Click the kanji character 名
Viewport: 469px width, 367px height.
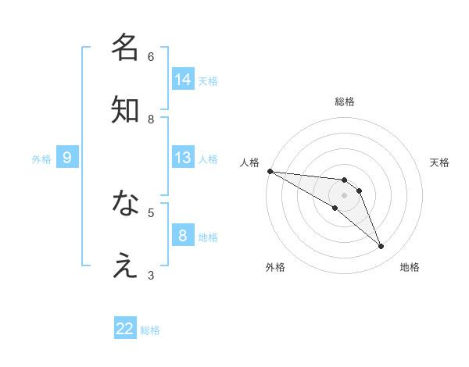pos(125,48)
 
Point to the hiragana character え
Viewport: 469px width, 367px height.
pos(125,266)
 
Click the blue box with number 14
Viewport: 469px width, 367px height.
pos(183,80)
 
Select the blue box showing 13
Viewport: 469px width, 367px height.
pos(183,158)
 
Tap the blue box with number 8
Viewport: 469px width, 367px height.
pos(183,236)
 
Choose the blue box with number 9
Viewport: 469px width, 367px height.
pos(67,158)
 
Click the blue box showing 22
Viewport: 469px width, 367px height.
pos(125,329)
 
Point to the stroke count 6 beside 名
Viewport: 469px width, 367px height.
pos(151,56)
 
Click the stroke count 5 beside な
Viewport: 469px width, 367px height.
pos(151,212)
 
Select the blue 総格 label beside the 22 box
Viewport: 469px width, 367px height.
pos(150,330)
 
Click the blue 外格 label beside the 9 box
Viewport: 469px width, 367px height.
pos(41,159)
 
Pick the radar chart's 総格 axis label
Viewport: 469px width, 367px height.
pos(345,102)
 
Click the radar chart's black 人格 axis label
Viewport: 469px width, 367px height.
pos(249,162)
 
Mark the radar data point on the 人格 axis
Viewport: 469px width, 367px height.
pos(270,171)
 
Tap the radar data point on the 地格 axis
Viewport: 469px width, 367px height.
pos(381,247)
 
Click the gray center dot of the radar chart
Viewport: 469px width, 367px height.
pos(345,195)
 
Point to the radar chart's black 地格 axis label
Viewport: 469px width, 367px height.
pos(410,267)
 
